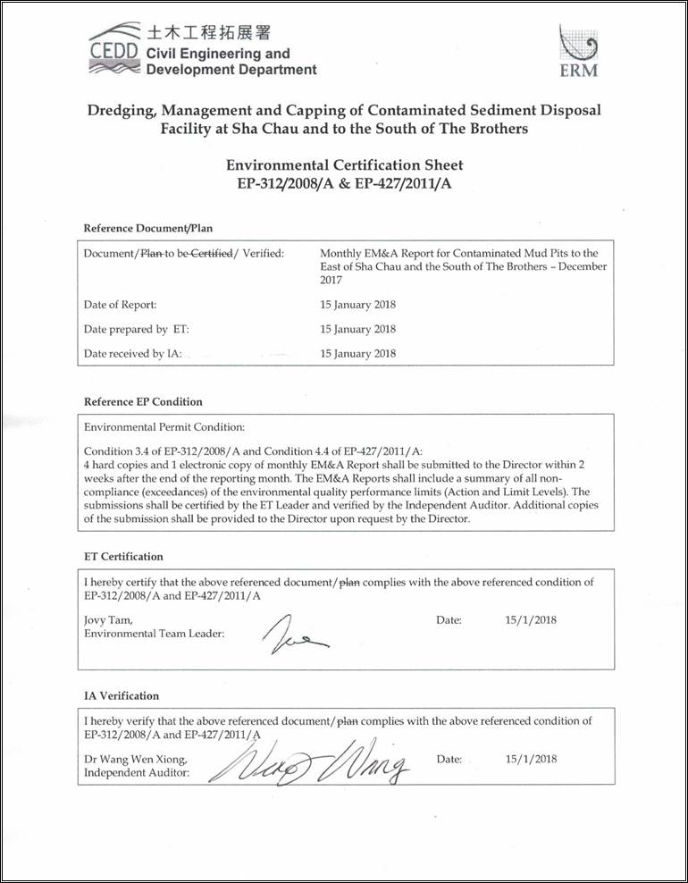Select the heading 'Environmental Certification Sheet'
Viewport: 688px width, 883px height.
(x=344, y=165)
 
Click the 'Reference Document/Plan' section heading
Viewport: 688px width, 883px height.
(x=147, y=228)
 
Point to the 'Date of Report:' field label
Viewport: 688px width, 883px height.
(x=120, y=305)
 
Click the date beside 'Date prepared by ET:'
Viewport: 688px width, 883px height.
(x=357, y=330)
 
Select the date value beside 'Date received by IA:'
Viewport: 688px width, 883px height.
(x=357, y=354)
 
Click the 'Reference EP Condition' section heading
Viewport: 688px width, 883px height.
(x=143, y=402)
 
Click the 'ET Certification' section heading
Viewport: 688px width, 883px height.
(x=123, y=557)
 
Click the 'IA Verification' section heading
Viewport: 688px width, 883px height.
(x=122, y=696)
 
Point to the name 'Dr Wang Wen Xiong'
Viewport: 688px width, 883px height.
(x=135, y=760)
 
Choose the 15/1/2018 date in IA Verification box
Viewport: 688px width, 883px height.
(x=531, y=760)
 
